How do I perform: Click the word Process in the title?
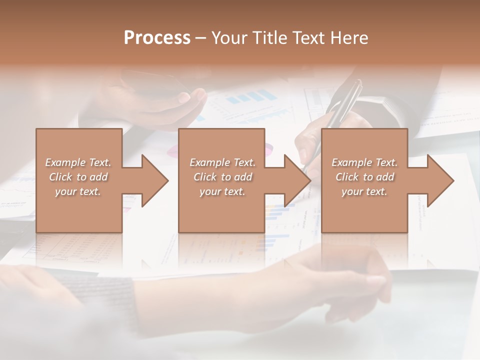157,38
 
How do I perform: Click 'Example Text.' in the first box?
78,162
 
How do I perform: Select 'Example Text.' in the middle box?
222,162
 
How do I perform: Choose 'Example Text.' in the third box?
364,162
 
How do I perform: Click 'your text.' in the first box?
78,191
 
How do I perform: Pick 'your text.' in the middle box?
222,191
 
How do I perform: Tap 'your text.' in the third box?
364,191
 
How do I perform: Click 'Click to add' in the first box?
78,177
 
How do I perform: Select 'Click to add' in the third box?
364,177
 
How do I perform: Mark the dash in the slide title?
200,38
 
